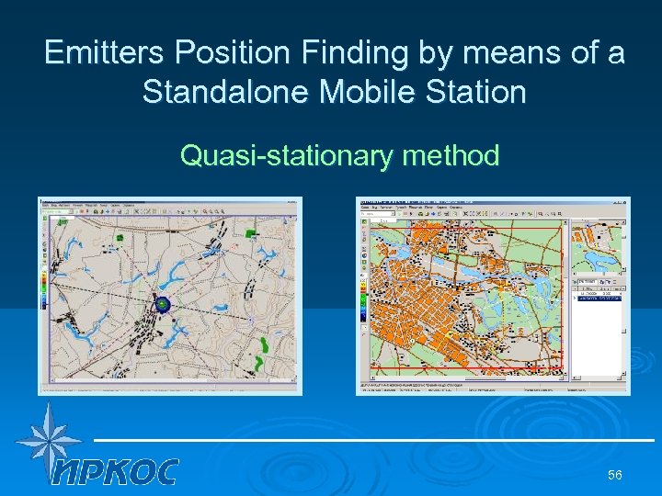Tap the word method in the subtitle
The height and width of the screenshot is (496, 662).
[x=450, y=156]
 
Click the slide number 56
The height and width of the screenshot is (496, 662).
[x=615, y=475]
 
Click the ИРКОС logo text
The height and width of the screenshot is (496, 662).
[x=115, y=471]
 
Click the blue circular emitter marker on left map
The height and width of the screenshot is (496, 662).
[x=162, y=304]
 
